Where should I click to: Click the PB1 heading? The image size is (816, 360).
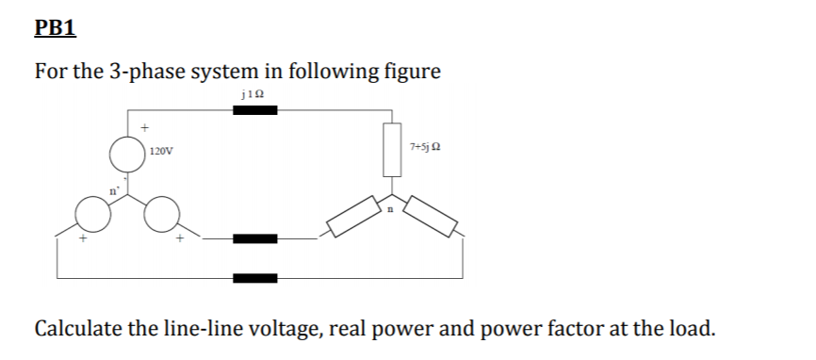click(x=55, y=26)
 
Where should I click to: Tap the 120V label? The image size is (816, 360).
click(x=160, y=151)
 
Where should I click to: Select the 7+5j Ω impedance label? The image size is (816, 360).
click(x=427, y=148)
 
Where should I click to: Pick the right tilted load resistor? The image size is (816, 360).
click(x=431, y=219)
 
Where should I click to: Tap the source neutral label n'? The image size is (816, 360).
click(x=112, y=191)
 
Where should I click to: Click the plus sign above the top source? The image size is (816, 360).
click(x=144, y=125)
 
